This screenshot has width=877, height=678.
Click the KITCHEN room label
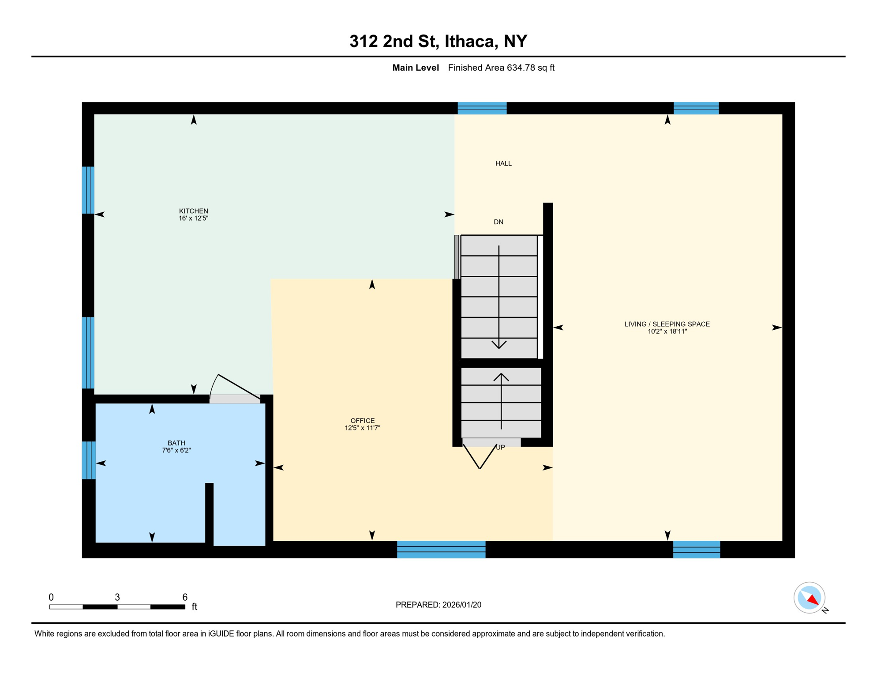(193, 211)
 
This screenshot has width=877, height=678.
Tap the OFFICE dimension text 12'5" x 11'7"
(362, 428)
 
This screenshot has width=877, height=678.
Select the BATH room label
(176, 443)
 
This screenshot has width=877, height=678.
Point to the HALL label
(503, 163)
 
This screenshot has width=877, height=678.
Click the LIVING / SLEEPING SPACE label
(667, 324)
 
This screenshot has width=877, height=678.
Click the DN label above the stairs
(498, 222)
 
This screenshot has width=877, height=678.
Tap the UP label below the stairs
(500, 447)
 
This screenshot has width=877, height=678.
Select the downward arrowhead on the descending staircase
(499, 344)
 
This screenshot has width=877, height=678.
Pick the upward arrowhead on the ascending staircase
(501, 377)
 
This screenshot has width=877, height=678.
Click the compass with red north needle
(809, 598)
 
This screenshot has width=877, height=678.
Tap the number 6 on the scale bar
(185, 597)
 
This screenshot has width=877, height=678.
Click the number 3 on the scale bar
(117, 597)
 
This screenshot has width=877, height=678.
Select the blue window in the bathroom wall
(89, 460)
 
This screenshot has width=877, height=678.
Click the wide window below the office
(441, 549)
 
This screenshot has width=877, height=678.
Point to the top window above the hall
(482, 108)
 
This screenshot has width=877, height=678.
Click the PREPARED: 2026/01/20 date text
(438, 605)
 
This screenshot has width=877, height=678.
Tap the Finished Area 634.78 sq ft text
(501, 68)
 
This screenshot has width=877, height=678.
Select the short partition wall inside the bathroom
(210, 513)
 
